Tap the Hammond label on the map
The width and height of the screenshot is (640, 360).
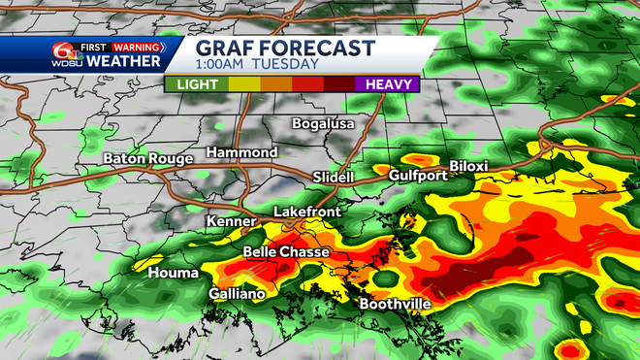coord(241,153)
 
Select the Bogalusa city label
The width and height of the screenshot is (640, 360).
coord(324,123)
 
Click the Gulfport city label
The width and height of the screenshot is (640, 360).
coord(418,176)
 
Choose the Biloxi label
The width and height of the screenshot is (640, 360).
coord(468,166)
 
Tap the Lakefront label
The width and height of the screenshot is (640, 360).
coord(304,211)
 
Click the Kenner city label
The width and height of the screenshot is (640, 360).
coord(231,222)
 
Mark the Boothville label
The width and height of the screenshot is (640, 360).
coord(395,304)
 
